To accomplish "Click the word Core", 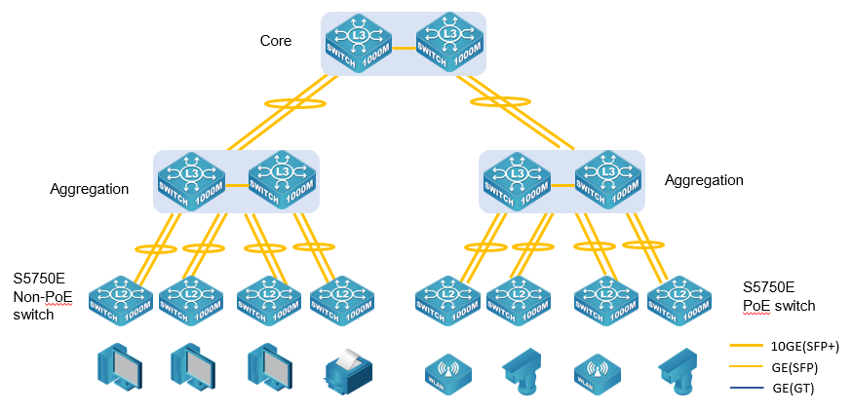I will coord(276,41).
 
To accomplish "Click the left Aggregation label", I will coord(89,189).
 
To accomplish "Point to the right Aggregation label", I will coord(704,180).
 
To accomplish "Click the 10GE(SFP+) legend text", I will coord(804,346).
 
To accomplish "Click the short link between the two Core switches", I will coord(404,45).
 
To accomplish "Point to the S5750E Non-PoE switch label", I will coord(43,297).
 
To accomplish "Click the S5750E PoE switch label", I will coord(778,296).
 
